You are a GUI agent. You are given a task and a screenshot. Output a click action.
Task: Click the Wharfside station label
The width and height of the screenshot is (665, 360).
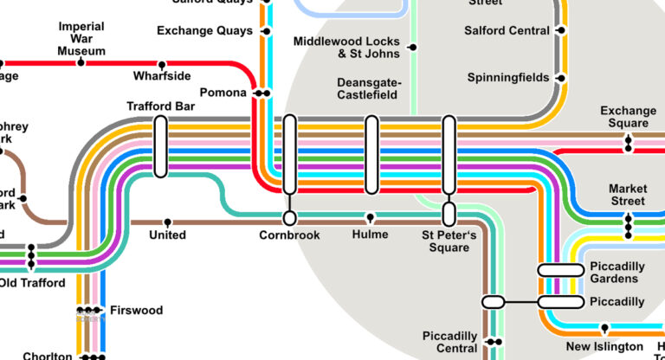(162, 76)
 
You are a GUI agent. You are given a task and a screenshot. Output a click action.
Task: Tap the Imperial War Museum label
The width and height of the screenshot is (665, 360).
(81, 39)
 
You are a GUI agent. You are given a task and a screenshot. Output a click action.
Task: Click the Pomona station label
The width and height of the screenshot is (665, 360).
(223, 93)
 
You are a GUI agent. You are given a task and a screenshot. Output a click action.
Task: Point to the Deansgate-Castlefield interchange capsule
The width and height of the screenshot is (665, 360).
(371, 155)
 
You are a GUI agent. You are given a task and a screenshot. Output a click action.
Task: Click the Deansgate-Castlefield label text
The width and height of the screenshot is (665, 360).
(366, 88)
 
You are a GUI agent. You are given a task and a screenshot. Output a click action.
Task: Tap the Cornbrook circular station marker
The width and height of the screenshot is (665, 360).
(289, 218)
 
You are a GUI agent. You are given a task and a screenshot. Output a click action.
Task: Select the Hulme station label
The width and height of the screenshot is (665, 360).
(370, 235)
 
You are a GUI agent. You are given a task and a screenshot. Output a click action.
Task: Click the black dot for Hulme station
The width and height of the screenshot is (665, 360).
(371, 217)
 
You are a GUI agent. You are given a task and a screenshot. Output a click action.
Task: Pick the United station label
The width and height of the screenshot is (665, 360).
(167, 235)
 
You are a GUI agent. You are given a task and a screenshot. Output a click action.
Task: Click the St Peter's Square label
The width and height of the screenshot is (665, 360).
(445, 241)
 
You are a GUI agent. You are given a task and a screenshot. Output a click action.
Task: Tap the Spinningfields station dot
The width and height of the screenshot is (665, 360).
(560, 78)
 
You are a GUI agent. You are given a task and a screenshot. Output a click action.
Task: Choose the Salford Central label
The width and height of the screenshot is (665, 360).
(507, 31)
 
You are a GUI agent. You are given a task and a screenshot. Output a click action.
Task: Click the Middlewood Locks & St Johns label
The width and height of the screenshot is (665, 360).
(346, 48)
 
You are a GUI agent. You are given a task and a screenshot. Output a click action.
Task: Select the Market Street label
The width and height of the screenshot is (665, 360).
(627, 195)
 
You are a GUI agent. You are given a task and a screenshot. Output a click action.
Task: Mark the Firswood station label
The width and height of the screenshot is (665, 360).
(136, 310)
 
